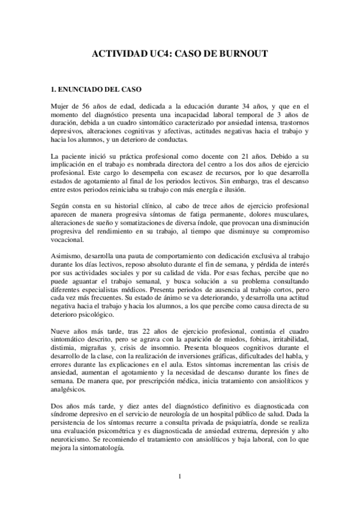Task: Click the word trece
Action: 203,207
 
